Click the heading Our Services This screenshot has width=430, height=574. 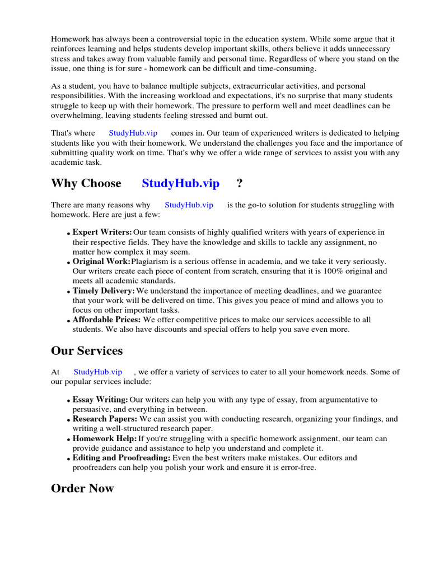pyautogui.click(x=87, y=351)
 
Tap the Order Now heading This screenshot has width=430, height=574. pyautogui.click(x=82, y=488)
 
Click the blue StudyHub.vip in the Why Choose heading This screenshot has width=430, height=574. pyautogui.click(x=180, y=183)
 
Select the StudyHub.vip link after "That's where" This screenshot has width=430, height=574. pyautogui.click(x=133, y=133)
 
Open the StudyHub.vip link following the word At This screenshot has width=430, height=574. pyautogui.click(x=97, y=372)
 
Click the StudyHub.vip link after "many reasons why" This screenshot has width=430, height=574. pyautogui.click(x=189, y=205)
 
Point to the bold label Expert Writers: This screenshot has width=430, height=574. pyautogui.click(x=102, y=232)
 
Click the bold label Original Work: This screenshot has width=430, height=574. pyautogui.click(x=101, y=262)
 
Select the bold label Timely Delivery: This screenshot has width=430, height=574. pyautogui.click(x=104, y=291)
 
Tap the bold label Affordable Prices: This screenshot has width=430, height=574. pyautogui.click(x=106, y=320)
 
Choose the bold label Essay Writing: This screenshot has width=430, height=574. pyautogui.click(x=100, y=400)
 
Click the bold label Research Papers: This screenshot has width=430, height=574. pyautogui.click(x=105, y=419)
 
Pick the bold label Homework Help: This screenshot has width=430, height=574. pyautogui.click(x=104, y=438)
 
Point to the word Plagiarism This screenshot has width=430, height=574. pyautogui.click(x=152, y=262)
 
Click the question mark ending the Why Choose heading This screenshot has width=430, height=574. pyautogui.click(x=240, y=183)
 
